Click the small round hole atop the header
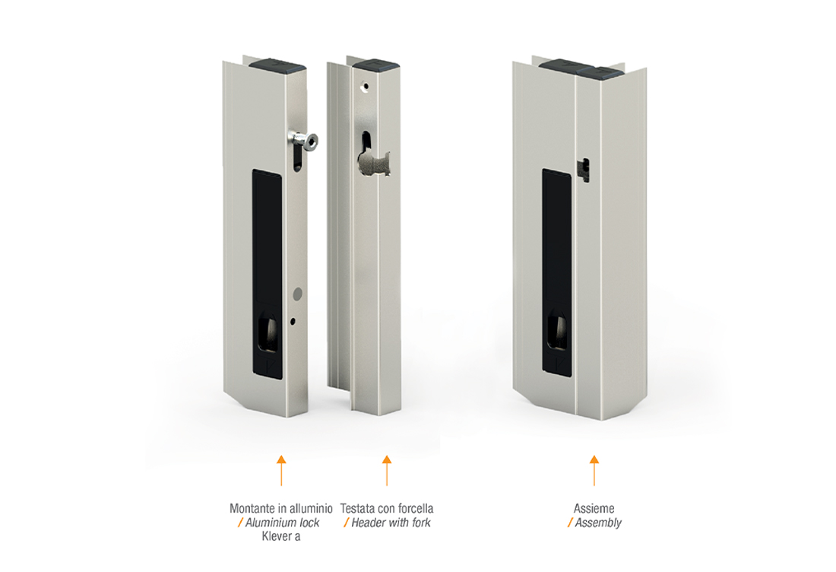(x=366, y=85)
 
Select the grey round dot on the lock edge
(x=297, y=292)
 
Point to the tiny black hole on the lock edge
(x=293, y=321)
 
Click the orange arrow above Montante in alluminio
(x=281, y=471)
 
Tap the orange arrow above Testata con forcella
(x=387, y=471)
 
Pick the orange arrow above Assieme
(x=594, y=471)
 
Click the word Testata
(x=358, y=509)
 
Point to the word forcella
(x=414, y=509)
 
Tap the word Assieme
(x=594, y=509)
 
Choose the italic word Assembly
(x=598, y=523)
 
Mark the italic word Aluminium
(x=269, y=523)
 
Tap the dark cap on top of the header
(x=376, y=65)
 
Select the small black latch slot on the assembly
(x=585, y=169)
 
